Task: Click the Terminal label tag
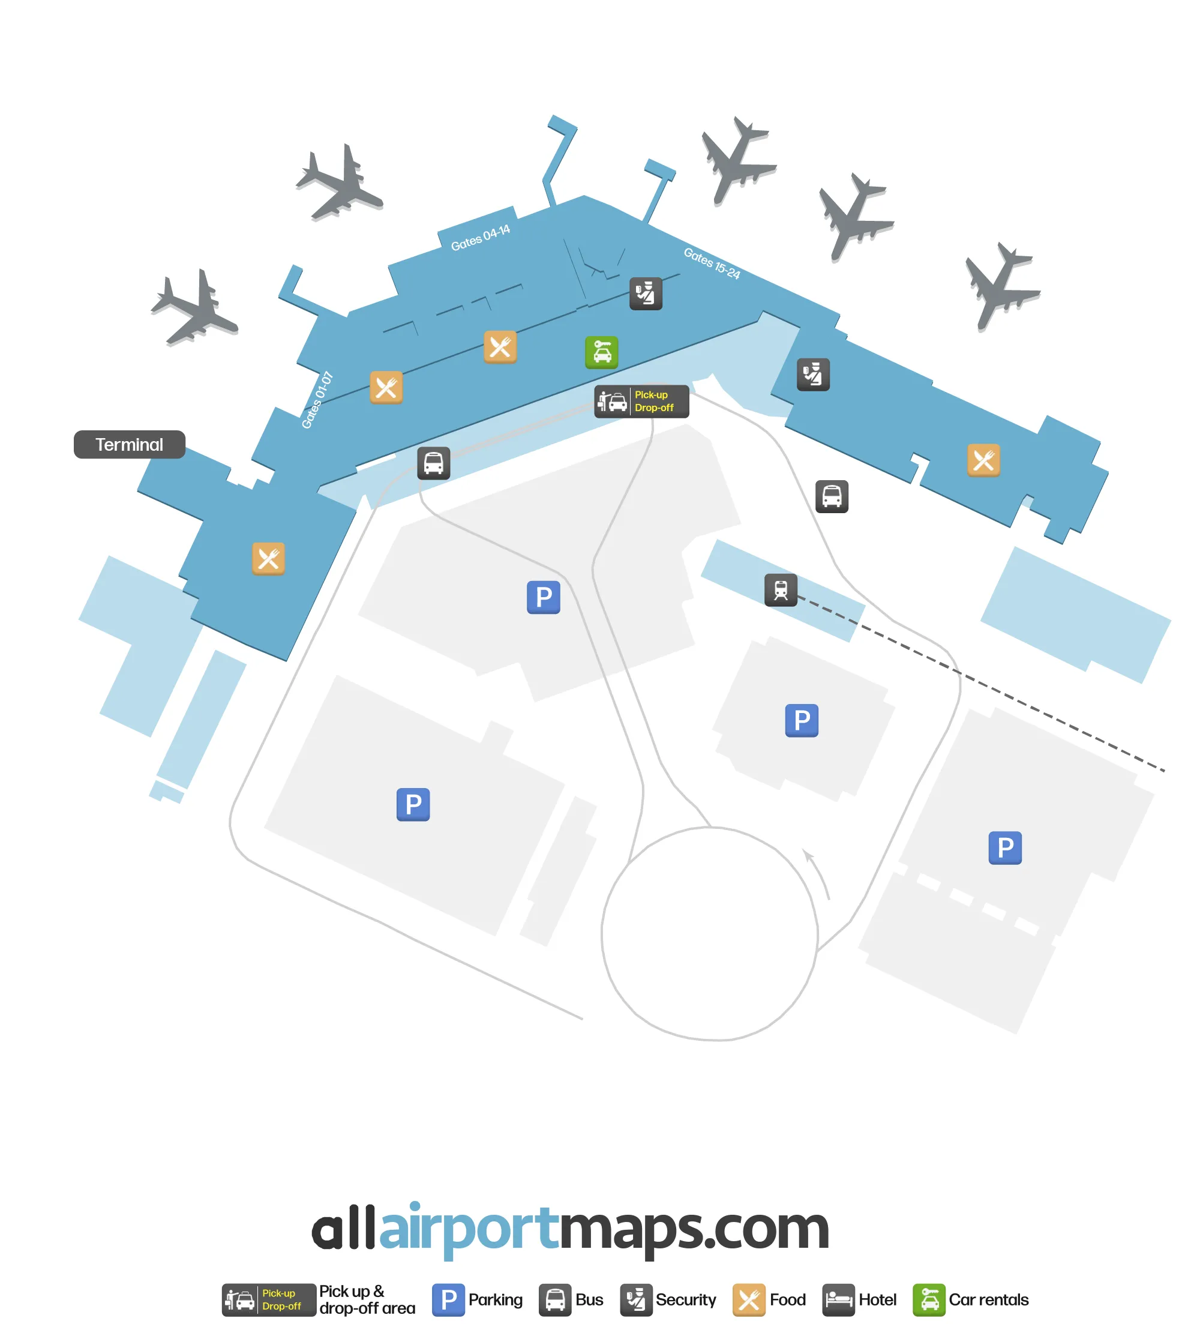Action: [130, 445]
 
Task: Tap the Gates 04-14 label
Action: [481, 238]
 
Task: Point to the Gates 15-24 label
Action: [712, 263]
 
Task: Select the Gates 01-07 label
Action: [317, 400]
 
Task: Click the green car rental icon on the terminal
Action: [602, 353]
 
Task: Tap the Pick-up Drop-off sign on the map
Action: [642, 402]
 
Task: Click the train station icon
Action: [781, 590]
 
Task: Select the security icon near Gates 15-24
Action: [646, 293]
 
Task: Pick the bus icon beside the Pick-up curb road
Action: [434, 463]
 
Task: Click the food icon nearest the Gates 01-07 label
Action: [386, 387]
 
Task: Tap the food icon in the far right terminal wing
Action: [984, 460]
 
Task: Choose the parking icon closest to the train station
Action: [802, 720]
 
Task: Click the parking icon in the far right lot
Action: [1006, 848]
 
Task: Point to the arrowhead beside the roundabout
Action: [808, 854]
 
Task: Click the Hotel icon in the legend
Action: [839, 1300]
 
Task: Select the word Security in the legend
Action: [686, 1300]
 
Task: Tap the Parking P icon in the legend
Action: [449, 1300]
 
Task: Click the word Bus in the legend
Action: [589, 1300]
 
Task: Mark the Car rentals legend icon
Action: [929, 1300]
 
